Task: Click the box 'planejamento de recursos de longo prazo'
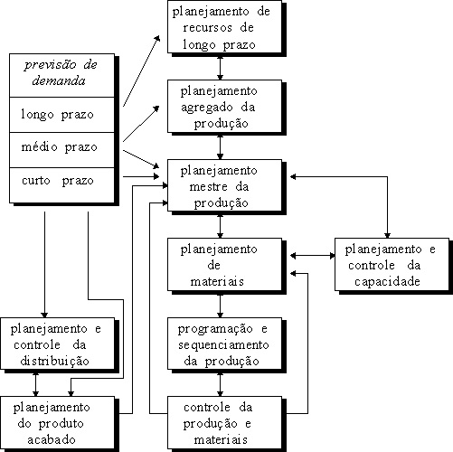[x=224, y=27]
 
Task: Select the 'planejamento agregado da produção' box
[x=224, y=107]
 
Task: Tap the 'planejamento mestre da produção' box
[x=224, y=185]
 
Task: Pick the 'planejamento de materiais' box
[x=224, y=265]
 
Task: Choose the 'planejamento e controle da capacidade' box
[x=392, y=265]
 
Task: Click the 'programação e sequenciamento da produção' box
[x=224, y=344]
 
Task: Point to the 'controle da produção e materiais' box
[x=224, y=423]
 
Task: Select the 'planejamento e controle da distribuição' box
[x=58, y=344]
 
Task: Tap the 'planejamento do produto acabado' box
[x=58, y=423]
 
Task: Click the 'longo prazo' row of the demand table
[x=61, y=115]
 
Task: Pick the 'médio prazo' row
[x=61, y=150]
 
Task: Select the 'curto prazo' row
[x=61, y=185]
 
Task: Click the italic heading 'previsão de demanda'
[x=61, y=73]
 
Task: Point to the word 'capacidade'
[x=387, y=282]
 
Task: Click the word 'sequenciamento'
[x=223, y=345]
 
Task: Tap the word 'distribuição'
[x=54, y=361]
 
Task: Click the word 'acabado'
[x=52, y=439]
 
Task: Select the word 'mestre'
[x=208, y=187]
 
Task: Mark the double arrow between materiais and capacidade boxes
[x=313, y=256]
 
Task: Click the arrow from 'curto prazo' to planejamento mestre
[x=141, y=176]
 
